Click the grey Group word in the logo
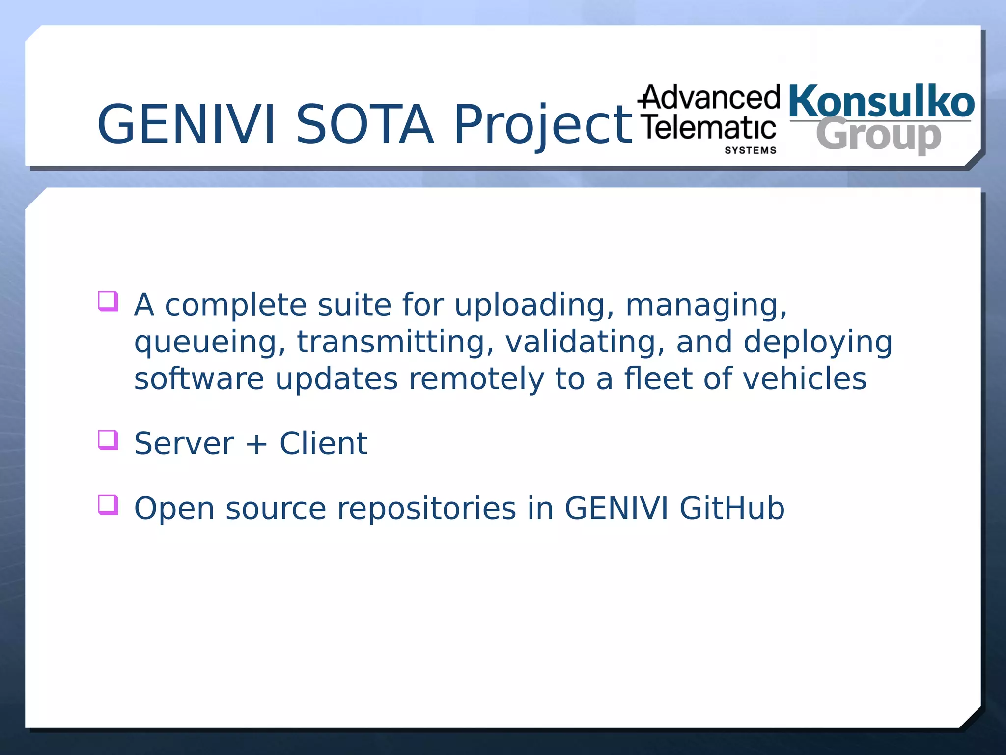879,135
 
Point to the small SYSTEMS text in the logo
751,150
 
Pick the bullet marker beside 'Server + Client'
108,439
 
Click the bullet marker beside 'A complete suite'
108,301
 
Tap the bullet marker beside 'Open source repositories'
108,504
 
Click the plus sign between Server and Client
256,444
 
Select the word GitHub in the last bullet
732,508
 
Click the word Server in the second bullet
184,443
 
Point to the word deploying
817,343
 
